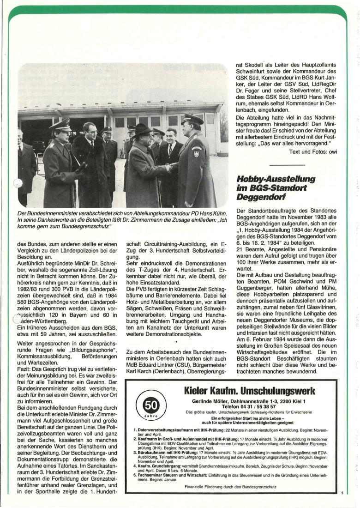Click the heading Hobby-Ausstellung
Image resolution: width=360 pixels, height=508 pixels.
click(x=269, y=178)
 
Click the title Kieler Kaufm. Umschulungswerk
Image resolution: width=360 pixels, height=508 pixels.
click(x=250, y=391)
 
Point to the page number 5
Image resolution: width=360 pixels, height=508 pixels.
click(x=342, y=493)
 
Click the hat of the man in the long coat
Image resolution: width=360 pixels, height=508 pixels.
click(x=141, y=129)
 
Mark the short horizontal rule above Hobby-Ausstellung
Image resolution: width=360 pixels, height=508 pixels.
click(x=287, y=165)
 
